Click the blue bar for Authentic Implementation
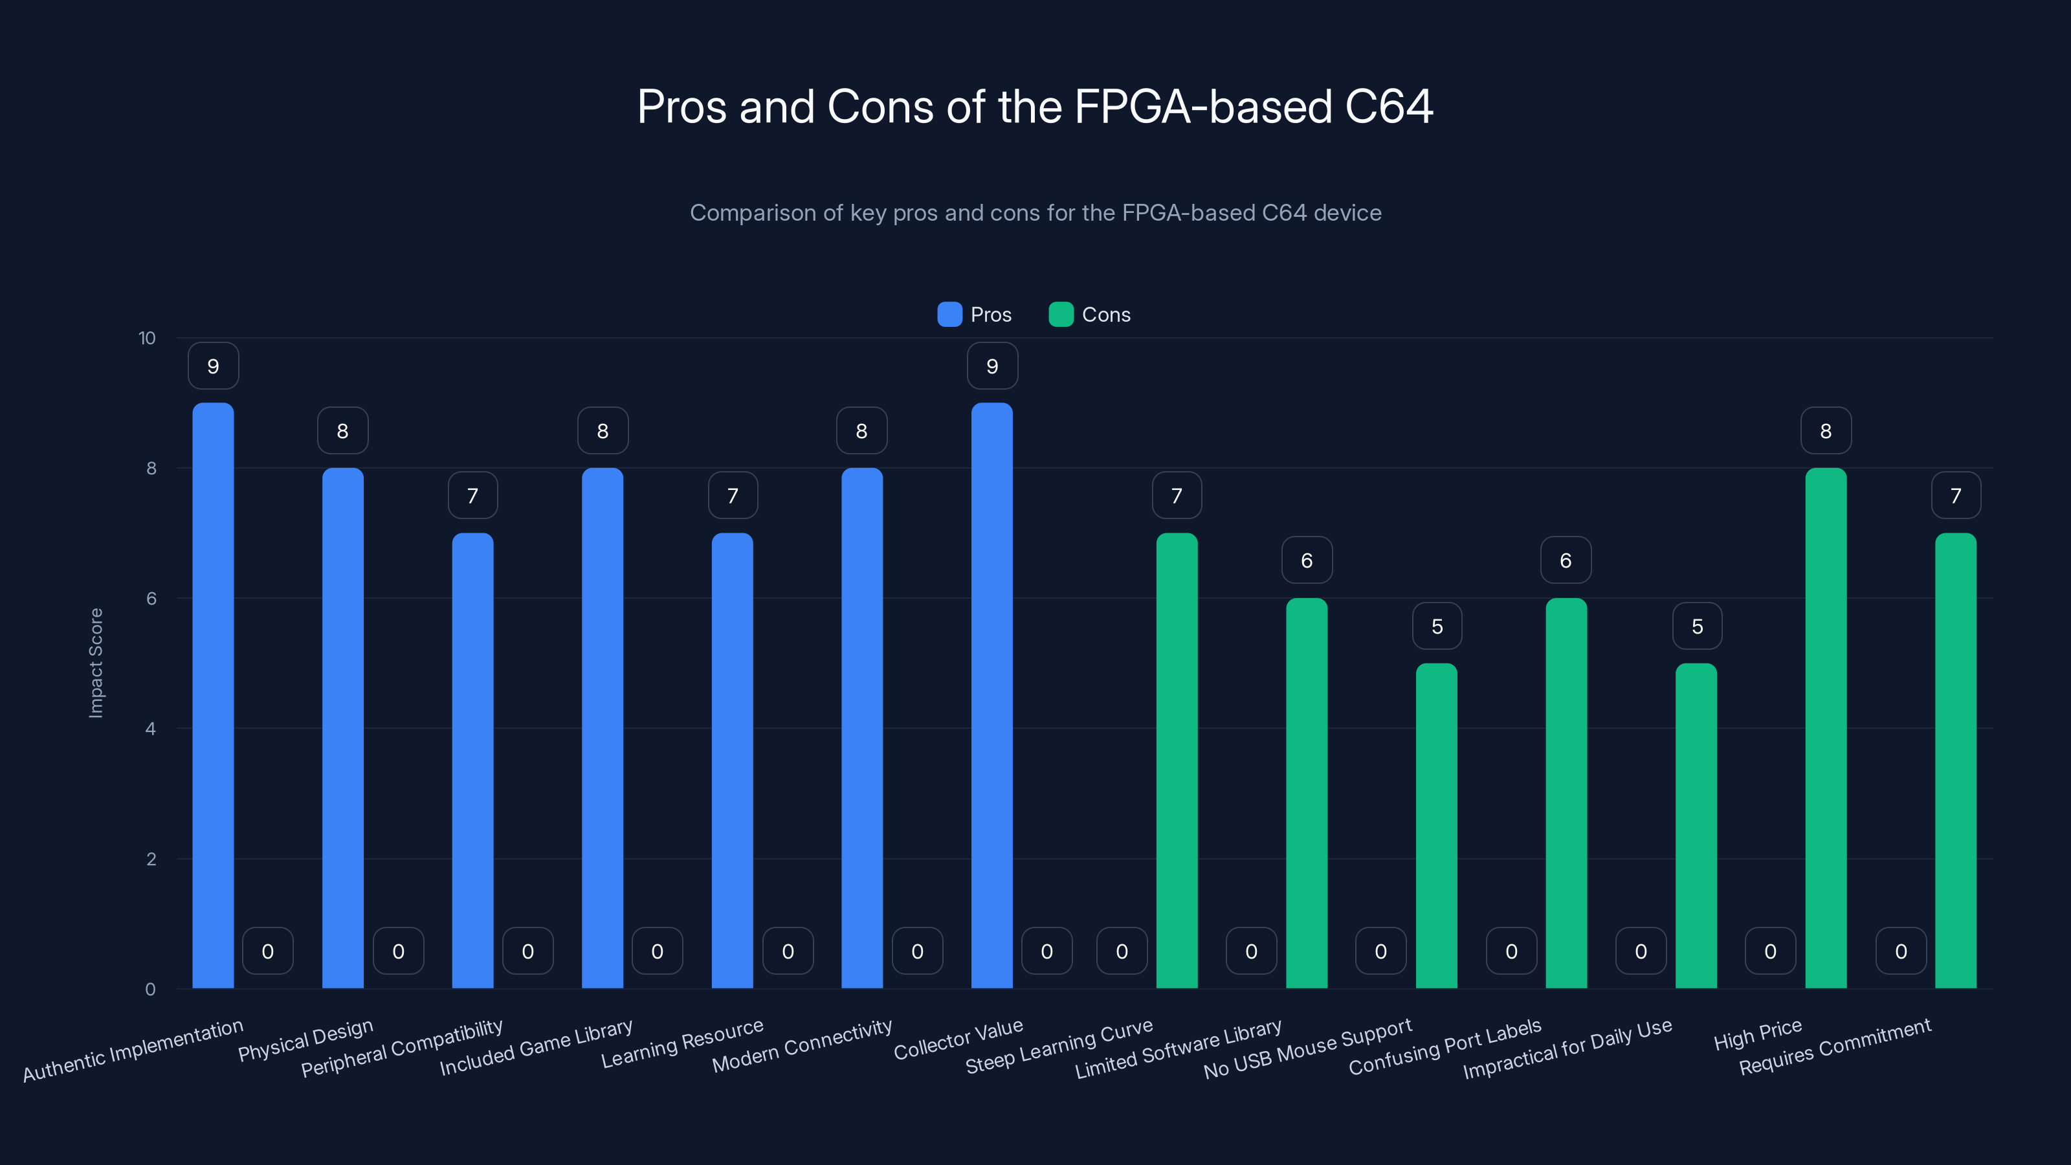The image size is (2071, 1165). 213,696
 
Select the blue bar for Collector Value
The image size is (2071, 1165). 991,696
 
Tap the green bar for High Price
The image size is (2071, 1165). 1825,727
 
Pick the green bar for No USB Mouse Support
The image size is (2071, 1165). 1436,826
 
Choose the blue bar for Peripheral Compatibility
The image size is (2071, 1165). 472,760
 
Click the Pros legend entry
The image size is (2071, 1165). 975,315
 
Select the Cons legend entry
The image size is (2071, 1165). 1089,315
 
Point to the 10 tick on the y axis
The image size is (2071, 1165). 147,338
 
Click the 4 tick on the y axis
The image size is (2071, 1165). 150,728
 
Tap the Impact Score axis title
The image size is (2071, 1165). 96,663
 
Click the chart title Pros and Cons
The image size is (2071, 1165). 1035,106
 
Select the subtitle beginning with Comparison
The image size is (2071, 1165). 1035,212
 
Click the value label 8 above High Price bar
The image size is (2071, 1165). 1825,431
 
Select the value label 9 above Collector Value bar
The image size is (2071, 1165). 991,366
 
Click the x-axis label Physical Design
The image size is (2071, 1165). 305,1039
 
